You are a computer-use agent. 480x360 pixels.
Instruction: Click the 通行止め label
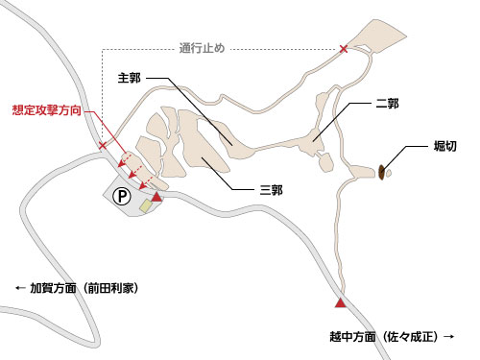(x=202, y=46)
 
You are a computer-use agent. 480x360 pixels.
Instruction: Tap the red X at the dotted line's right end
(x=344, y=48)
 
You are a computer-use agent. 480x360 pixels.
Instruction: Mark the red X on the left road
(x=104, y=146)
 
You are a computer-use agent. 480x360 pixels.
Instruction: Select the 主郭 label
(x=130, y=78)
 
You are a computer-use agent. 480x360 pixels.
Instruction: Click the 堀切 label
(x=445, y=148)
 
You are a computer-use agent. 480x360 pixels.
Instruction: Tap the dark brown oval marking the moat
(x=382, y=172)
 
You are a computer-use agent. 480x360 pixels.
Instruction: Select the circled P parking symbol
(x=122, y=195)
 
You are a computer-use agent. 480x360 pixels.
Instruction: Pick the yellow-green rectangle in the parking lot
(x=145, y=203)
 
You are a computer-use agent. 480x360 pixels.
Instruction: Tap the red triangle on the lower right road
(x=339, y=303)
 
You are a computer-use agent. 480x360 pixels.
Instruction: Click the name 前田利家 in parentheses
(x=116, y=287)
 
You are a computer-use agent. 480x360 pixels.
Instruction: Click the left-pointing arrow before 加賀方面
(x=18, y=287)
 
